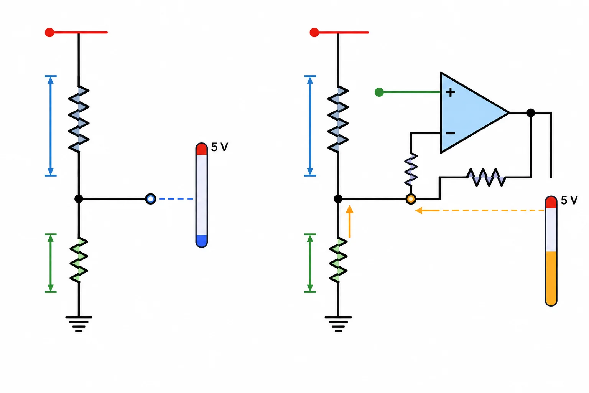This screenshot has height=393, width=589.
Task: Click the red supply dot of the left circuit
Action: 49,32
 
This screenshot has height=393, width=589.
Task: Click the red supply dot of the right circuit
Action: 314,32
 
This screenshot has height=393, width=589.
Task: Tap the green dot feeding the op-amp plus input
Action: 379,92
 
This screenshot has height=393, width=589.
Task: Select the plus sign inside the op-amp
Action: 451,92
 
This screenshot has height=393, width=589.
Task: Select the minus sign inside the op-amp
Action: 451,134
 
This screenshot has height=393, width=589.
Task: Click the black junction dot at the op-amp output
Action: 531,113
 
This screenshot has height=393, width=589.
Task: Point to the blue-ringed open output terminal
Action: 151,199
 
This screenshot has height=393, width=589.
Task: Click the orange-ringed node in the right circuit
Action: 411,199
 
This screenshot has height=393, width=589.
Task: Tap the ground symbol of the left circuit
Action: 79,324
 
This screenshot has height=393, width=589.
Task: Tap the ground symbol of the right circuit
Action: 338,324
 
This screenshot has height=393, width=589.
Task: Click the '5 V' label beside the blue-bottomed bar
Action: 220,147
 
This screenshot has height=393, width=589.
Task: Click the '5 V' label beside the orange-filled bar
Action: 569,200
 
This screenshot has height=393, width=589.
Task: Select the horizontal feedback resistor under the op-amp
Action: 486,177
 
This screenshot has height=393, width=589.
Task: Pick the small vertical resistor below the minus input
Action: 411,170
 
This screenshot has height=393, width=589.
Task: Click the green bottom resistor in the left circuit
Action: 79,260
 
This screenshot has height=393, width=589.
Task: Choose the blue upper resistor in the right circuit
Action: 338,119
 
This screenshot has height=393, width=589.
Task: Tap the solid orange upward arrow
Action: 349,222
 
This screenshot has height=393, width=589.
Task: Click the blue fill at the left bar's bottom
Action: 202,241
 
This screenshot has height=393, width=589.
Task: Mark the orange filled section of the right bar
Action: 551,278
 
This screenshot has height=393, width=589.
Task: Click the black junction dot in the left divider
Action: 79,199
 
